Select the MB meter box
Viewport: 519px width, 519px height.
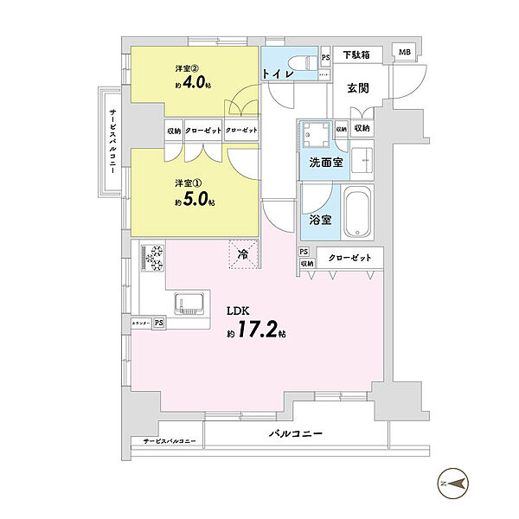click(x=404, y=53)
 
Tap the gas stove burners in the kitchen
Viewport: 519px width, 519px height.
click(x=155, y=257)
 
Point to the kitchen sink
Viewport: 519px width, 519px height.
click(x=189, y=304)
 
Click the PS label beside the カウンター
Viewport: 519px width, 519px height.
click(x=158, y=323)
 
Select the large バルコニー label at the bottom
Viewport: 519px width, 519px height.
click(x=295, y=432)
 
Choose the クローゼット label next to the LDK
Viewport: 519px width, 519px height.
click(x=350, y=258)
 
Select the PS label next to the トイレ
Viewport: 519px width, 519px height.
click(x=325, y=58)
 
